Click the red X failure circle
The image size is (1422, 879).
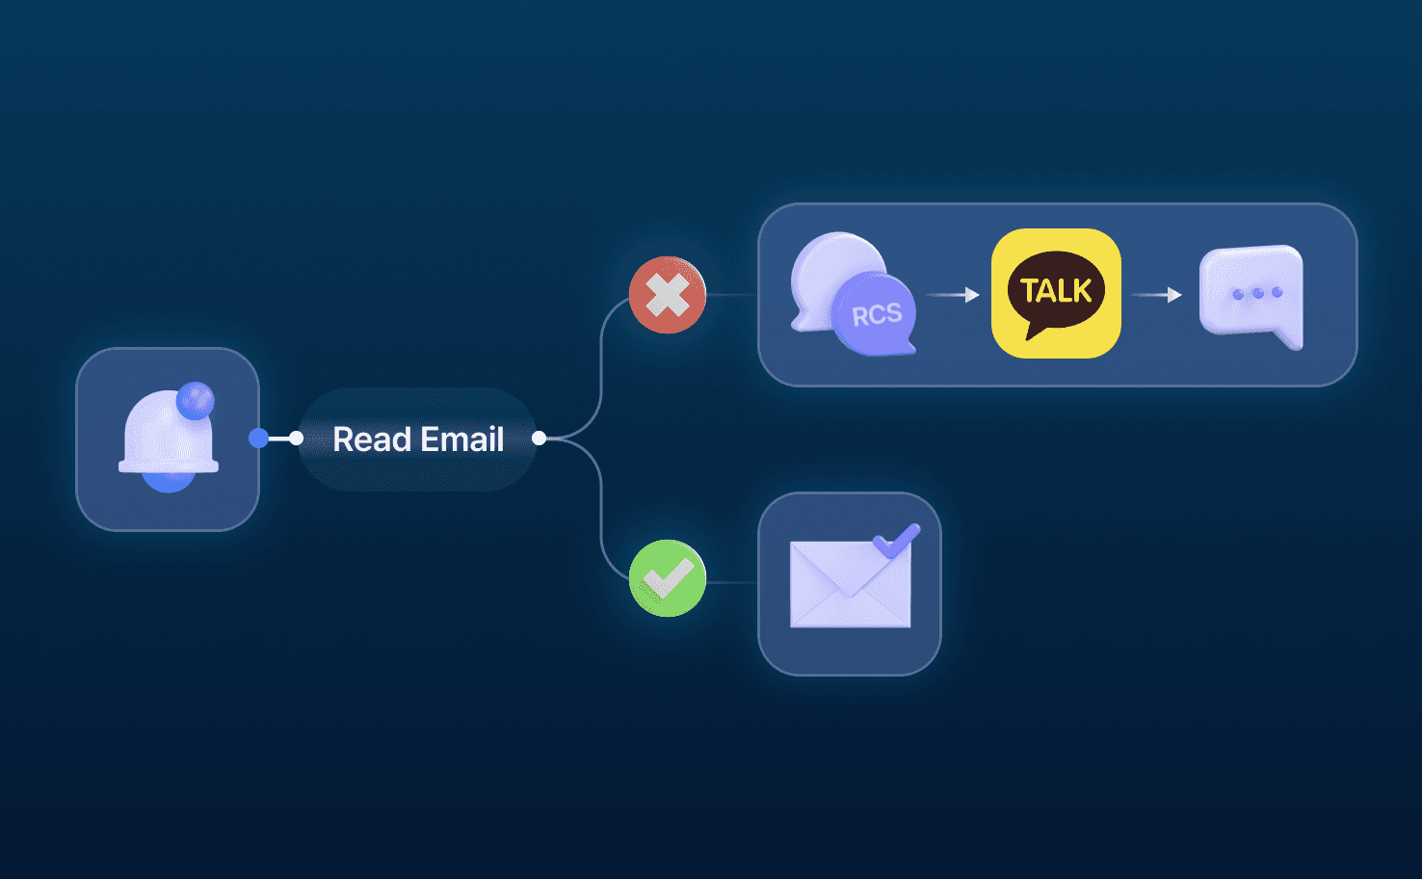(668, 295)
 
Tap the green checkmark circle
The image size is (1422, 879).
(668, 578)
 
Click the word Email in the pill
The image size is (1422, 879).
(462, 439)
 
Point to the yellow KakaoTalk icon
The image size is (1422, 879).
(1056, 293)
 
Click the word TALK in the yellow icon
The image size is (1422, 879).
(1056, 290)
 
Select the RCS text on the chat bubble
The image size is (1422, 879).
(877, 315)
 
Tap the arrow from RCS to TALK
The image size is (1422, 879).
(953, 295)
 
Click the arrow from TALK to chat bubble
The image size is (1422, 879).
(1157, 295)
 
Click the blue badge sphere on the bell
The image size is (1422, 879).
(196, 400)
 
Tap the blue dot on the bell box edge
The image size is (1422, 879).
(258, 439)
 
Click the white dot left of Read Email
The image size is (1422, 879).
(296, 439)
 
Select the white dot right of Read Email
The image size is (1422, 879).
(540, 439)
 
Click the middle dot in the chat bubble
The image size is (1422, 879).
(1258, 293)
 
